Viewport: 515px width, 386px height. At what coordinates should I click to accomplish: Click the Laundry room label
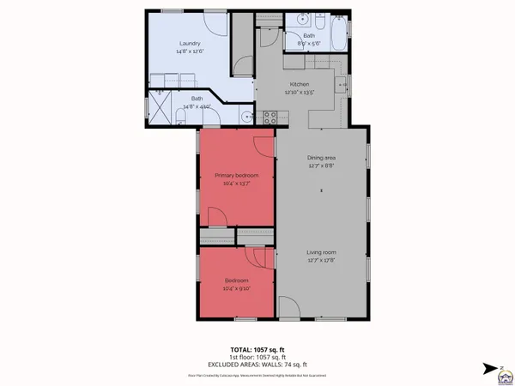coord(189,44)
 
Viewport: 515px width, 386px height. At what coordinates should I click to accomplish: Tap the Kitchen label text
coord(299,84)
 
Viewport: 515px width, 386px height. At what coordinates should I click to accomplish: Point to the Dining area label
coord(322,158)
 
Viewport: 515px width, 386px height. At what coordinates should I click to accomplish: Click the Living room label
coord(322,252)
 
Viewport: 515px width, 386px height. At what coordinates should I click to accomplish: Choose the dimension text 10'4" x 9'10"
coord(236,288)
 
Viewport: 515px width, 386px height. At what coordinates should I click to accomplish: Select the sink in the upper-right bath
coord(301,19)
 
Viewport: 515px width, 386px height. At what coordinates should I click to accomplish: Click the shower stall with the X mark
coord(161,107)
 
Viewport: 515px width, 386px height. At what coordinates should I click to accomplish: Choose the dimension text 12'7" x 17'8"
coord(322,261)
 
